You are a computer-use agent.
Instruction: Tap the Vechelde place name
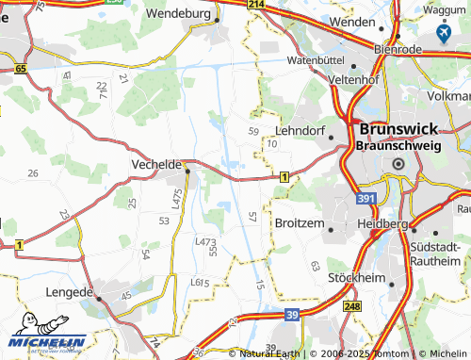click(154, 164)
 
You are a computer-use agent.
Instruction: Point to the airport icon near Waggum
click(444, 34)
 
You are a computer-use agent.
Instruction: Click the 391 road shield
click(368, 200)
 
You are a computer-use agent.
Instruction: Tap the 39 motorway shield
click(293, 313)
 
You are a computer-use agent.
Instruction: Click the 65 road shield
click(21, 69)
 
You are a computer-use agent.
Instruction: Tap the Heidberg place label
click(382, 224)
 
